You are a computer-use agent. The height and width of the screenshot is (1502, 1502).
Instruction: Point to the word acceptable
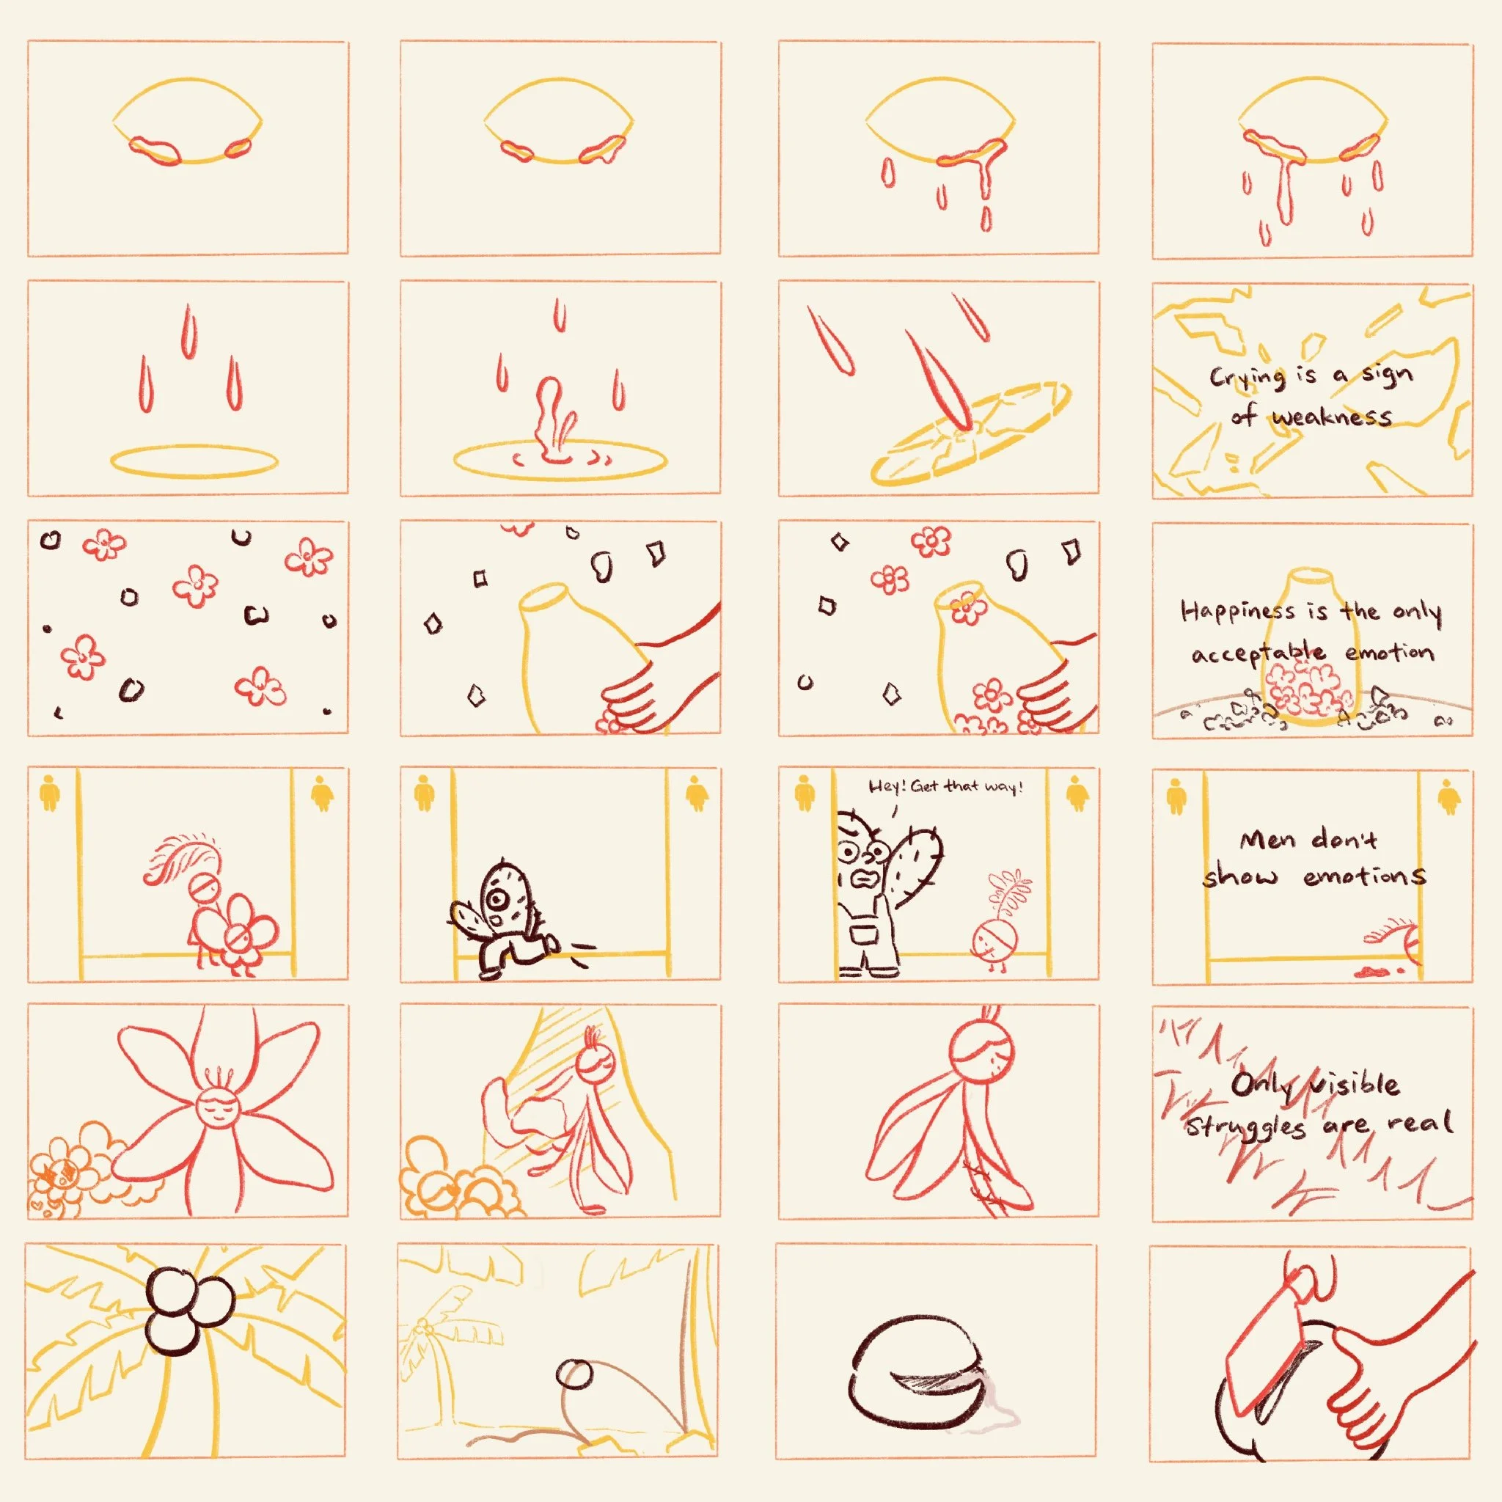tap(1258, 653)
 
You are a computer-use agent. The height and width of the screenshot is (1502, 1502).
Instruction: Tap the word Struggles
tap(1245, 1126)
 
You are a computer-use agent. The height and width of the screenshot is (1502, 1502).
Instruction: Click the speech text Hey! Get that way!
tap(945, 786)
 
